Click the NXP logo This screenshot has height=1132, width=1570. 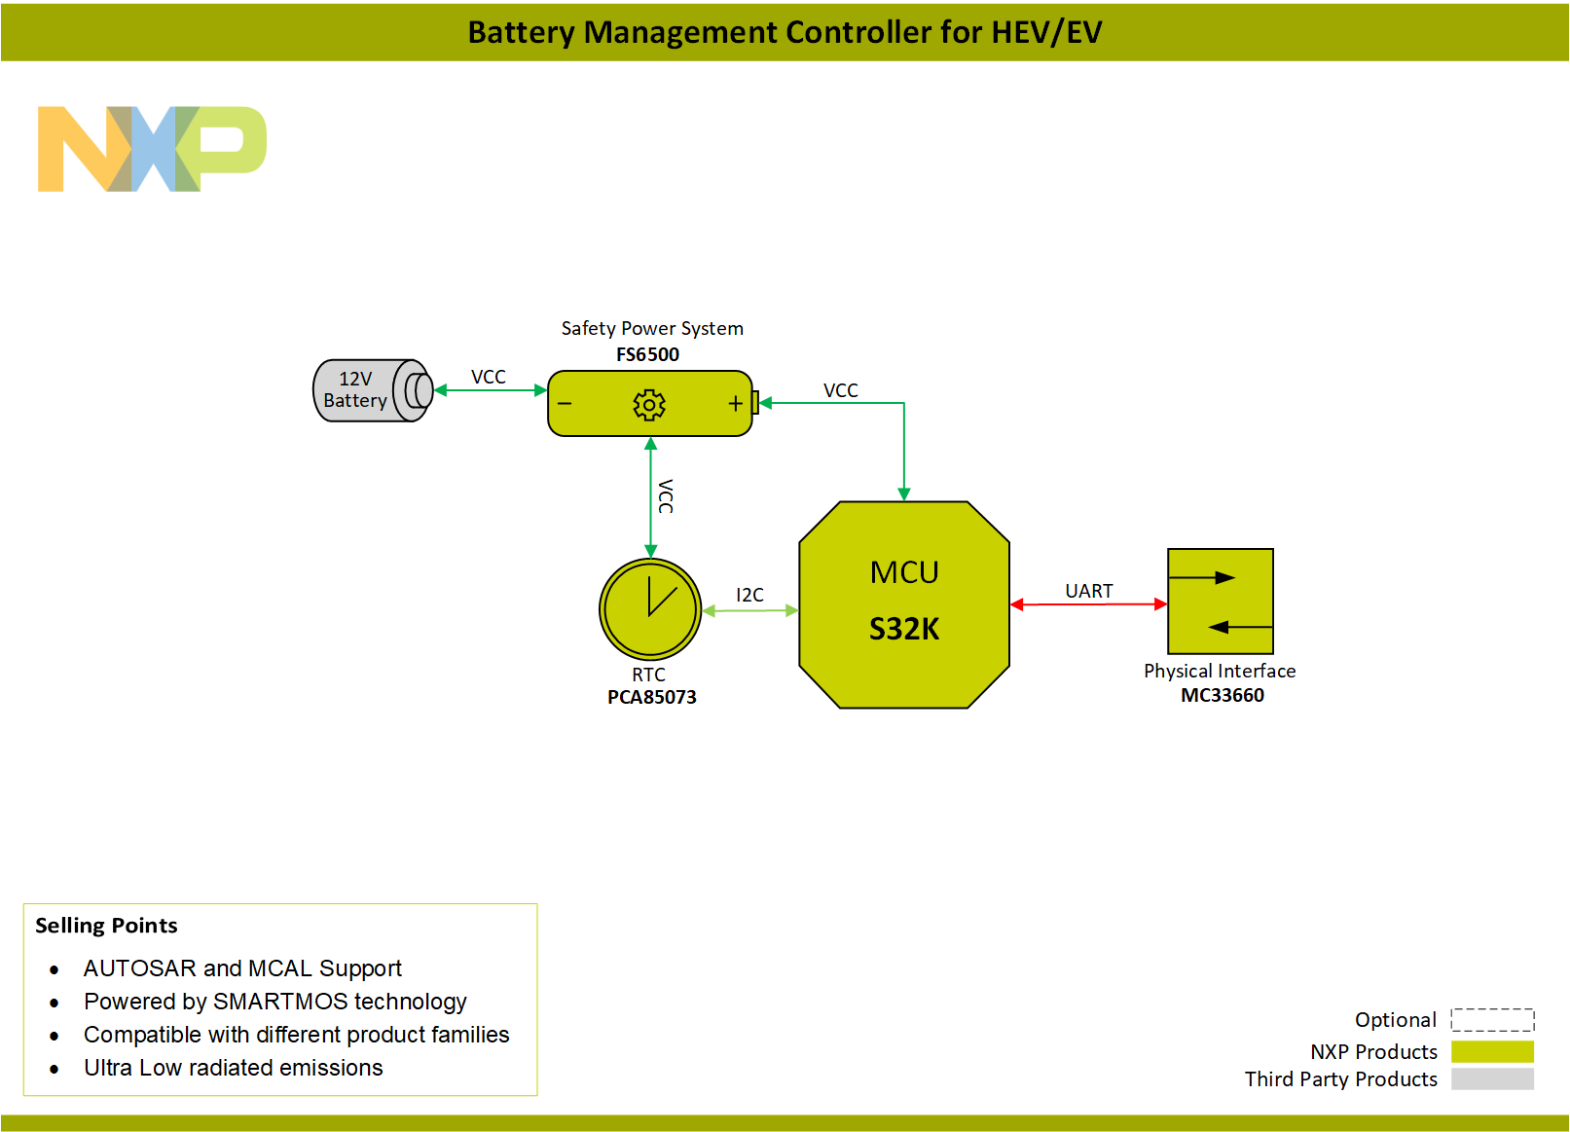coord(151,149)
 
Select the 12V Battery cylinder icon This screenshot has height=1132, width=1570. coord(371,390)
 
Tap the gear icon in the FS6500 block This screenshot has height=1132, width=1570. coord(649,404)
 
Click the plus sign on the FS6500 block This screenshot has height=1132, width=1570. coord(735,404)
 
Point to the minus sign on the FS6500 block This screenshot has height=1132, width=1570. coord(565,404)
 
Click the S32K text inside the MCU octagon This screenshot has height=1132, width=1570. coord(904,629)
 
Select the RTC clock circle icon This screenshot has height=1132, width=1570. coord(650,609)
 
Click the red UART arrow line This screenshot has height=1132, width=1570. coord(1088,604)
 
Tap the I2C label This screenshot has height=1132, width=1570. coord(749,595)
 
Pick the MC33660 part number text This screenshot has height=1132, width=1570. coord(1222,695)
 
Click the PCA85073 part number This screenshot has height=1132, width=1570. coord(651,697)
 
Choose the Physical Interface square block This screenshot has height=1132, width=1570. coord(1221,602)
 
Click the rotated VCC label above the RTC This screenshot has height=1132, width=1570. coord(666,496)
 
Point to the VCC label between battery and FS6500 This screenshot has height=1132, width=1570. coord(488,377)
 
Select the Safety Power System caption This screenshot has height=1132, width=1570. coord(652,329)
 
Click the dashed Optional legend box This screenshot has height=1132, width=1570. coord(1492,1019)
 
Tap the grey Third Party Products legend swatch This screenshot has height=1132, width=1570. coord(1492,1078)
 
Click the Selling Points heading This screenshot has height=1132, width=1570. coord(106,925)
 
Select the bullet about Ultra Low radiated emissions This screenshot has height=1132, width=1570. coord(233,1068)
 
